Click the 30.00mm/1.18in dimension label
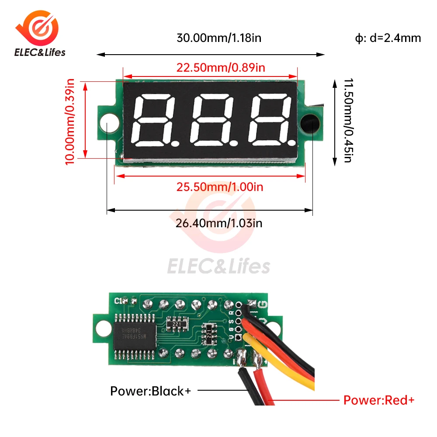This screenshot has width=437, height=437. tap(218, 38)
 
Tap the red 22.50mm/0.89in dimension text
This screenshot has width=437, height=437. tap(221, 68)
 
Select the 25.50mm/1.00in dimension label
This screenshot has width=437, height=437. tap(219, 187)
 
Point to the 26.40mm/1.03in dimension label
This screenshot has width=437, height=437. tap(219, 223)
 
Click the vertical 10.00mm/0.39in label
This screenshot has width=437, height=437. tap(70, 121)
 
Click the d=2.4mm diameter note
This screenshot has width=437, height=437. tap(388, 38)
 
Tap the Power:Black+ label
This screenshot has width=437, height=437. tap(150, 391)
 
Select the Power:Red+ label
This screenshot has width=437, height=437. tap(378, 399)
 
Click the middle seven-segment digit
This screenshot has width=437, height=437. tap(211, 120)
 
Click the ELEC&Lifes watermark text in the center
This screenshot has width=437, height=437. tap(219, 265)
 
